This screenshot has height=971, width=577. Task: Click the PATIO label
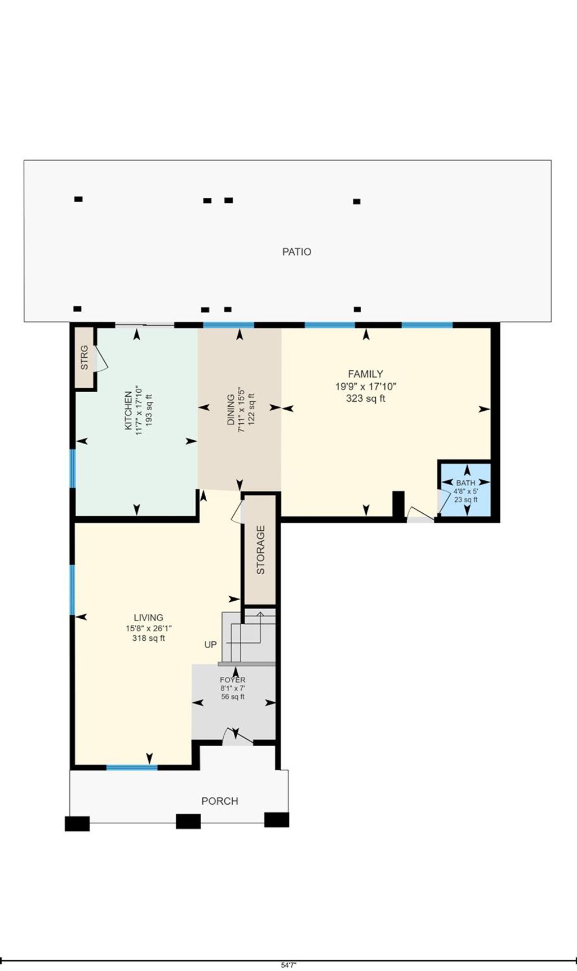click(x=296, y=252)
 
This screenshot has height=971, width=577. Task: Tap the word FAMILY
click(x=365, y=374)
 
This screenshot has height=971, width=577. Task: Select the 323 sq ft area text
click(x=366, y=398)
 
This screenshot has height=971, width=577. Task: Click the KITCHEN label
click(x=128, y=410)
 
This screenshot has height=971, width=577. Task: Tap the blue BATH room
click(x=465, y=490)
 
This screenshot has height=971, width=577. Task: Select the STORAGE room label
click(x=260, y=549)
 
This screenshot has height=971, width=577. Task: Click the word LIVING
click(x=148, y=618)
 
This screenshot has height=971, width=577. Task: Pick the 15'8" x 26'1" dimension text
click(x=149, y=628)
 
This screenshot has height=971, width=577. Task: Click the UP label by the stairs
click(x=210, y=645)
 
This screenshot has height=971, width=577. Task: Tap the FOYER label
click(x=233, y=680)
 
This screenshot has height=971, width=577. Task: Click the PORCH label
click(x=220, y=801)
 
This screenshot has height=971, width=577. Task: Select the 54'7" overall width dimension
click(x=288, y=965)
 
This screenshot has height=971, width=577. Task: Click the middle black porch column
click(x=188, y=821)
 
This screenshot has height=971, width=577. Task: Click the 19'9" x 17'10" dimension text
click(x=366, y=387)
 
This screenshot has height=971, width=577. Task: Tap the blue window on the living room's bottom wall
click(x=132, y=767)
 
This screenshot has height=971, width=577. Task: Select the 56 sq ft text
click(x=233, y=697)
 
